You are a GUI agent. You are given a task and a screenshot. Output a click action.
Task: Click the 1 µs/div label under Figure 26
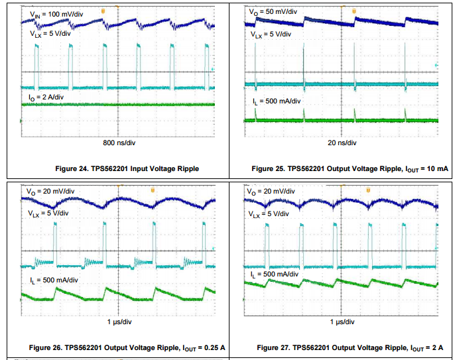(119, 322)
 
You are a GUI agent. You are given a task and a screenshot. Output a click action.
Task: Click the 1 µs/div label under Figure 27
(342, 322)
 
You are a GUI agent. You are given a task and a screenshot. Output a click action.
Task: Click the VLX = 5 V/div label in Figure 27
(269, 214)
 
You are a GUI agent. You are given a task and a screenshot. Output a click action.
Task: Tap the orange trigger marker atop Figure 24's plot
(102, 11)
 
